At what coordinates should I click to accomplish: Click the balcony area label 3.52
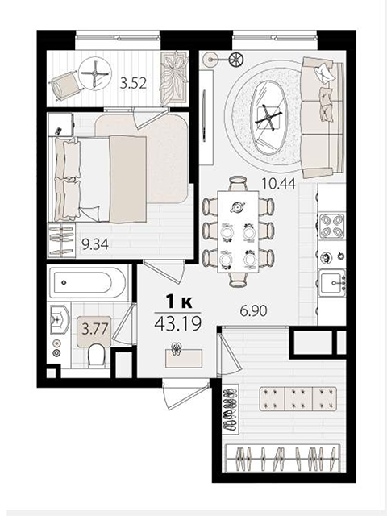[133, 84]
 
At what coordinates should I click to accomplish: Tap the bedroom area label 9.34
[95, 245]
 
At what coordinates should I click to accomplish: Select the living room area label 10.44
[278, 183]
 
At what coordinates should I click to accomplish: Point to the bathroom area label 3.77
[95, 329]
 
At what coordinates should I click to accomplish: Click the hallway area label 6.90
[253, 310]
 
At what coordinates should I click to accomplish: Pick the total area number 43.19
[177, 324]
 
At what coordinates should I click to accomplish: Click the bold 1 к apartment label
[179, 302]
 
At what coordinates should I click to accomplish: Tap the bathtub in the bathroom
[87, 282]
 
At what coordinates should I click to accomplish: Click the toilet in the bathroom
[96, 355]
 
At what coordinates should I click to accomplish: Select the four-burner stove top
[331, 226]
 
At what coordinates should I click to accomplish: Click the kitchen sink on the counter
[332, 282]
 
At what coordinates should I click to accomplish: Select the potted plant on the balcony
[174, 77]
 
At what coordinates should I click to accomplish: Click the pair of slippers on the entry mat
[177, 349]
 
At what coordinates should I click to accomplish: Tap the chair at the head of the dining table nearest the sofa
[238, 183]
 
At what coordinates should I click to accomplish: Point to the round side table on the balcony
[95, 73]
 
